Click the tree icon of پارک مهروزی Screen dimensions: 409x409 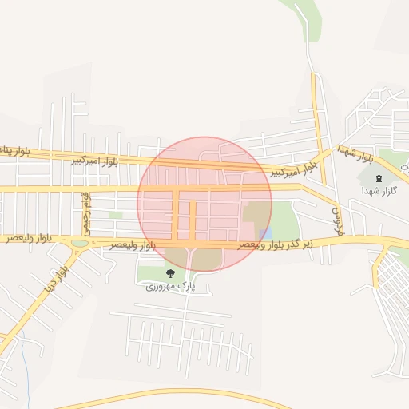click(169, 273)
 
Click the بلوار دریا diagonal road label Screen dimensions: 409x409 click(53, 276)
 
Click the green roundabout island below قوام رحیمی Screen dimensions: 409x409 click(80, 244)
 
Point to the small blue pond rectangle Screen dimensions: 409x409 click(266, 232)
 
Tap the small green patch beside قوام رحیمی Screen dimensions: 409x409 click(116, 215)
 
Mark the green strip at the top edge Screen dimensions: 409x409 click(308, 12)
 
